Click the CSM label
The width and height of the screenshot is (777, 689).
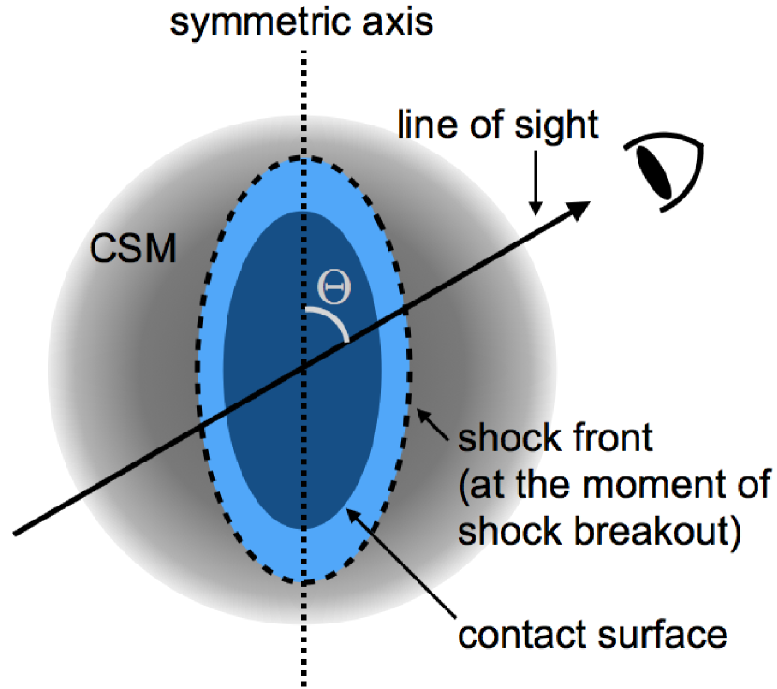click(133, 250)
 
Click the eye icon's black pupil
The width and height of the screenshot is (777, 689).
click(655, 169)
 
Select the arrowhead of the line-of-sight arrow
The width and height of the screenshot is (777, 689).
click(579, 208)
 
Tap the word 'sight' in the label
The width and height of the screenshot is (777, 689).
click(558, 125)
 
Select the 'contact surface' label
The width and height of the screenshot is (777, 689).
click(593, 635)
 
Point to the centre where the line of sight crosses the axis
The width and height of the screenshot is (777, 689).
click(302, 368)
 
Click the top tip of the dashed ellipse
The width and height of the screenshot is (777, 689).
click(302, 157)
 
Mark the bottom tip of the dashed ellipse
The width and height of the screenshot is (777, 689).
click(302, 581)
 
